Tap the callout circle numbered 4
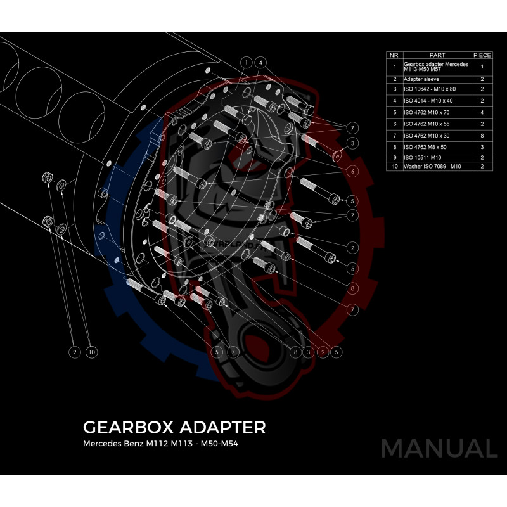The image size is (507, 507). [261, 63]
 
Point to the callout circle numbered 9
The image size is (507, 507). [74, 352]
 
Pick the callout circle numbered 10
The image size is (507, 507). [91, 352]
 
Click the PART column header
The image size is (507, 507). [437, 55]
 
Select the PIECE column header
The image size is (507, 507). [482, 55]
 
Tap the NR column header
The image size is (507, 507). [394, 55]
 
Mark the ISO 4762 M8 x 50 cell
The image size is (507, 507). [423, 146]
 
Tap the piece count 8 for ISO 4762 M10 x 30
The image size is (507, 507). [482, 136]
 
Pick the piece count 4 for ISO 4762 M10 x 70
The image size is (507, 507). [482, 112]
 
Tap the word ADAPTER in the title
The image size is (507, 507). [223, 427]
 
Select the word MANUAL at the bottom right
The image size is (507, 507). [439, 449]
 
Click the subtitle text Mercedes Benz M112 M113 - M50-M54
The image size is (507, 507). [161, 444]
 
